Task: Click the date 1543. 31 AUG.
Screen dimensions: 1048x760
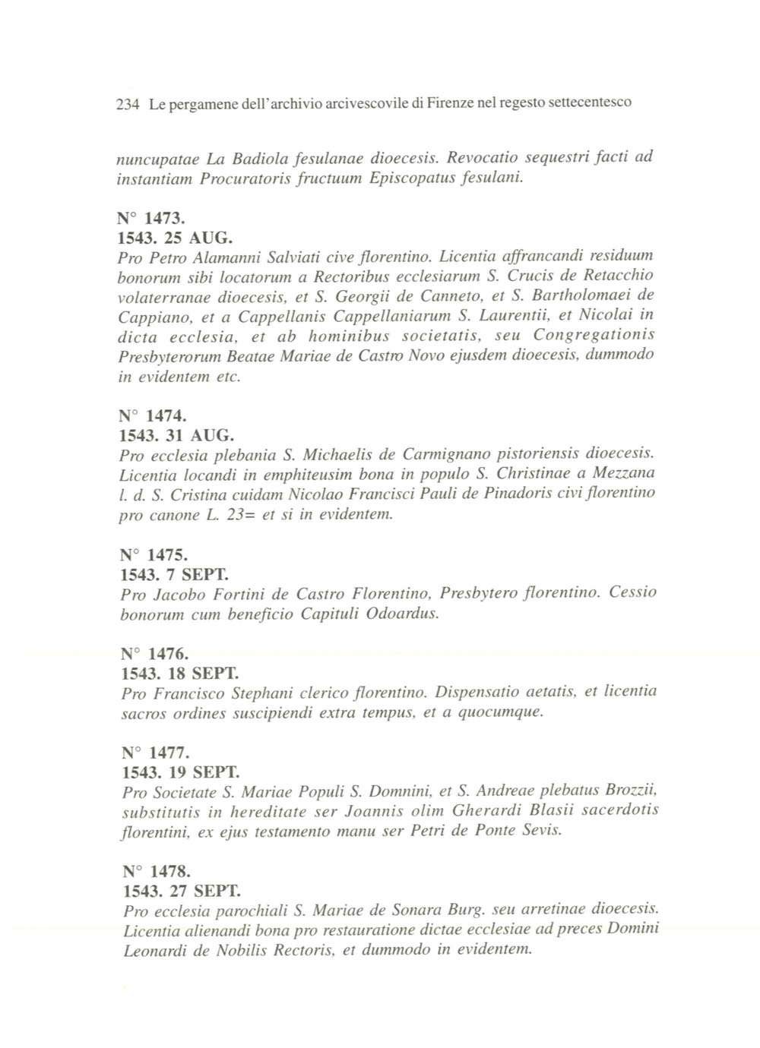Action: (177, 436)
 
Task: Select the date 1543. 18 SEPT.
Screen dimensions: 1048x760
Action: (180, 674)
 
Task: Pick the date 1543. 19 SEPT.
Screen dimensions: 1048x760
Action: (181, 773)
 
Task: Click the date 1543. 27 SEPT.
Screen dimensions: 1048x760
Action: (182, 890)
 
